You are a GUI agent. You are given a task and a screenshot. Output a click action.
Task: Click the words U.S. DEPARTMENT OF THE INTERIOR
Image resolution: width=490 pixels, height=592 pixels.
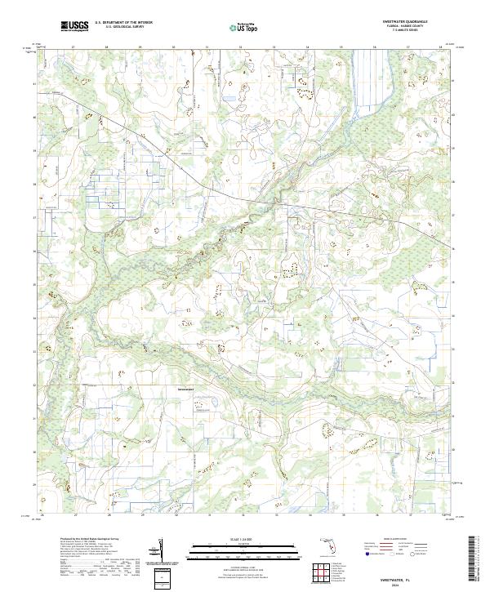point(123,23)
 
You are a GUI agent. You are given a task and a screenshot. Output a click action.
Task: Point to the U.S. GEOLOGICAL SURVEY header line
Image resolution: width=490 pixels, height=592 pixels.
point(123,28)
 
